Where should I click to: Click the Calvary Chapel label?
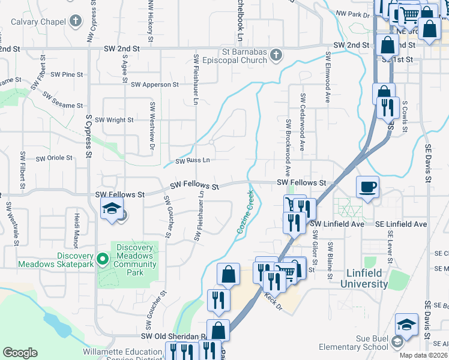coord(37,22)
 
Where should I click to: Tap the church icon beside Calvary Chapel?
coord(75,22)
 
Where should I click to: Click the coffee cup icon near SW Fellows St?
coord(367,187)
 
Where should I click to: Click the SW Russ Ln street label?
coord(193,161)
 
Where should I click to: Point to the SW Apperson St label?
coord(154,85)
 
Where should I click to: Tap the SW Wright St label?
coord(114,120)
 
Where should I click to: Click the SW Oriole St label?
coord(54,158)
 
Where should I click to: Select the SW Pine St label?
coord(67,74)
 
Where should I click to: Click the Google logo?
coord(20,353)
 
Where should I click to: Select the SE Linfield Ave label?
coord(402,224)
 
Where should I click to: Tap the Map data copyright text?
coord(424,355)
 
